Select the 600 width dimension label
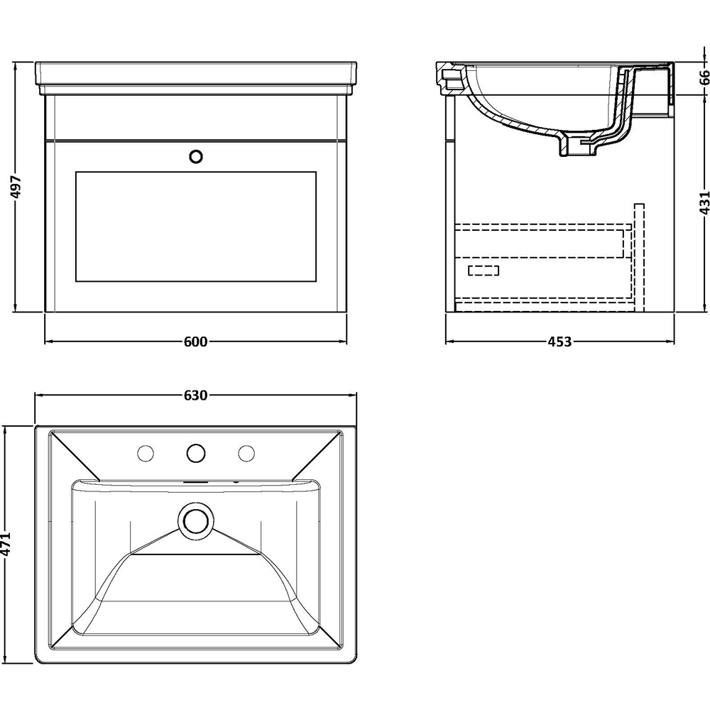(x=195, y=342)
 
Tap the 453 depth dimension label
(x=559, y=342)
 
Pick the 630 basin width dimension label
(x=195, y=395)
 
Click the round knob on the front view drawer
(x=196, y=156)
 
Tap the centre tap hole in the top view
(x=196, y=452)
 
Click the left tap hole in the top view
(x=146, y=452)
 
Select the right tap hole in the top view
(x=246, y=452)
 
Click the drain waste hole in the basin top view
(x=195, y=519)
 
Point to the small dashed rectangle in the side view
(x=484, y=270)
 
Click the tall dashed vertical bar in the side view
(x=639, y=256)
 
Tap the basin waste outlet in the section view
(x=580, y=145)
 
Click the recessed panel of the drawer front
(x=195, y=225)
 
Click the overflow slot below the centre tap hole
(x=195, y=480)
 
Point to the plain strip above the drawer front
(x=195, y=116)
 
